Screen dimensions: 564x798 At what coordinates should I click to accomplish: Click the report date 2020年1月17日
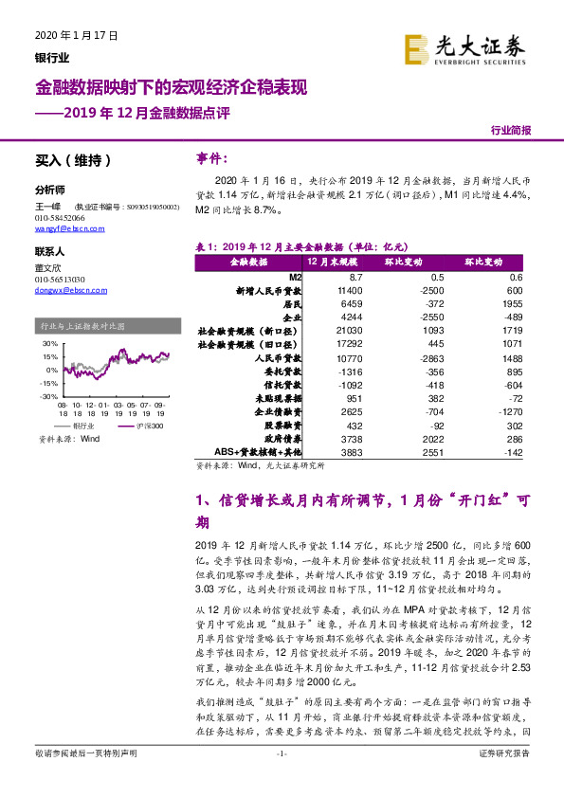[75, 36]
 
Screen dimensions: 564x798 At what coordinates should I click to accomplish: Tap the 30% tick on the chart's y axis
[50, 344]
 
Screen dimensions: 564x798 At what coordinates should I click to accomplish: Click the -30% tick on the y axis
[48, 396]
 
